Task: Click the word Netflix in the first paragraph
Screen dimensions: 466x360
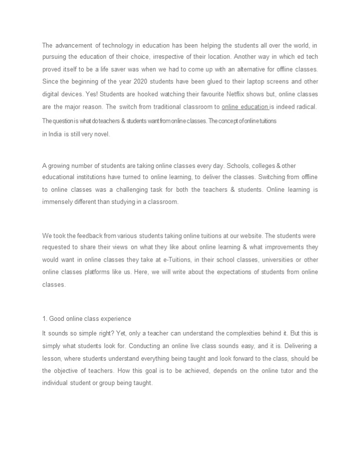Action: (237, 94)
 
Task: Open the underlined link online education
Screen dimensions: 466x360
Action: (245, 106)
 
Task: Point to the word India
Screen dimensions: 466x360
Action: (52, 134)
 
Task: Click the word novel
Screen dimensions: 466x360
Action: (102, 134)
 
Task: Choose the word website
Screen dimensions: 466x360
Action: (230, 236)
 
